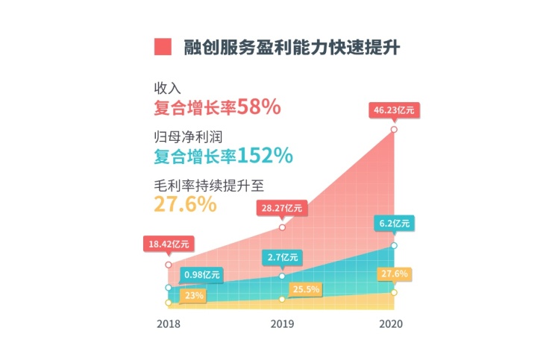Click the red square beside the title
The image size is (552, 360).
tap(163, 46)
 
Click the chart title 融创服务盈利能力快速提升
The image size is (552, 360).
tap(290, 46)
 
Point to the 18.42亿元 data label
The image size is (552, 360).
tap(169, 243)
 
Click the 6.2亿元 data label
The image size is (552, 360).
tap(393, 223)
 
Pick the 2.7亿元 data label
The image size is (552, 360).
tap(281, 258)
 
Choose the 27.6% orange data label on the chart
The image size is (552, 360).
tap(393, 274)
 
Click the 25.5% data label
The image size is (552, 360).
tap(302, 289)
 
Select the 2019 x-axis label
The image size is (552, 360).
tap(281, 324)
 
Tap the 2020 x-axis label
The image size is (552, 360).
tap(392, 324)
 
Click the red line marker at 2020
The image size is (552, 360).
tap(394, 130)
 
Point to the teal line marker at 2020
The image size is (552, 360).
tap(394, 245)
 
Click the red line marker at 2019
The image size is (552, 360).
tap(282, 227)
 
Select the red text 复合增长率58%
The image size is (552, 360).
tap(216, 107)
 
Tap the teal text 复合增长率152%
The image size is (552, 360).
tap(222, 157)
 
